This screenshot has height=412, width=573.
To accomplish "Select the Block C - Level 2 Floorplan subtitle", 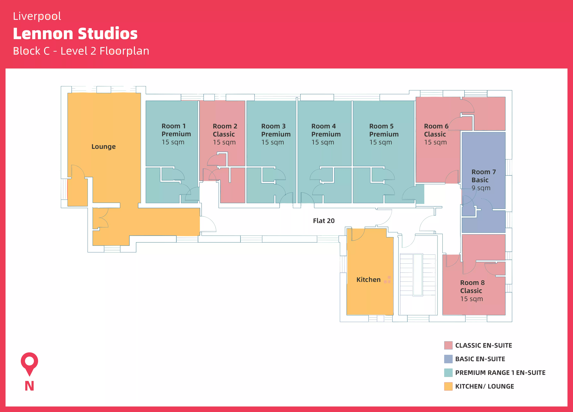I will click(x=81, y=51).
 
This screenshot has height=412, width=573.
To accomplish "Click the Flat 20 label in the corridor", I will click(x=324, y=221).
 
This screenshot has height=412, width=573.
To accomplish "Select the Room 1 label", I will click(x=174, y=126).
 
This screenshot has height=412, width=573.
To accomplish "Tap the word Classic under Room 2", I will click(x=224, y=134).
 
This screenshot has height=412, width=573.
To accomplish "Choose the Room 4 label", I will click(x=323, y=126).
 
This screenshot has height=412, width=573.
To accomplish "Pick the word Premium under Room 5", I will click(x=384, y=134).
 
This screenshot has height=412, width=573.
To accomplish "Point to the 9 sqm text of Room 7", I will click(x=481, y=188).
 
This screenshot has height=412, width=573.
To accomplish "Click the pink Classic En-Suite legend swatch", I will click(x=448, y=345).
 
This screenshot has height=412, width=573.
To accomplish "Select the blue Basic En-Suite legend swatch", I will click(x=448, y=359).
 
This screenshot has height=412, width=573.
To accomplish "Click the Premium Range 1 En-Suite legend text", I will click(x=500, y=373).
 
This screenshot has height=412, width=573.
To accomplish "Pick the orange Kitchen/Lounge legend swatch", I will click(x=448, y=386).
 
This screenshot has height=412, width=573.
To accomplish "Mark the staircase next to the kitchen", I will click(x=418, y=275).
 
